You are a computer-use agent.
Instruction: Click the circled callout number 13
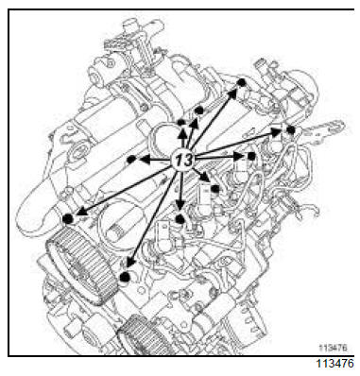(x=183, y=160)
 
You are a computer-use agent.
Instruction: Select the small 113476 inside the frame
(x=333, y=348)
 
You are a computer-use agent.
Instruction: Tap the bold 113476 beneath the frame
(x=335, y=364)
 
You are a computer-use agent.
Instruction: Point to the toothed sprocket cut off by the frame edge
(x=144, y=334)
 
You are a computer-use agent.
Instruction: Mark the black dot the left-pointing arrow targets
(x=131, y=160)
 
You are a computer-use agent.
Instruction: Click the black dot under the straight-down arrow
(x=180, y=219)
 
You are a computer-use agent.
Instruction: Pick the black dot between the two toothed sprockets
(x=125, y=277)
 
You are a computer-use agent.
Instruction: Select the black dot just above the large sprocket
(x=68, y=218)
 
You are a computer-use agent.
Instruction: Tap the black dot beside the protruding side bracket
(x=291, y=130)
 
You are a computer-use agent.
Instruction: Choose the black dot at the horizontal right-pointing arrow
(x=251, y=156)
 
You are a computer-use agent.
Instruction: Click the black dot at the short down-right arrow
(x=215, y=189)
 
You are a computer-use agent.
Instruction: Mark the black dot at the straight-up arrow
(x=180, y=123)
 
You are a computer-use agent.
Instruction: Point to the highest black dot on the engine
(x=241, y=82)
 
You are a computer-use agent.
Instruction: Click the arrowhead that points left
(x=145, y=160)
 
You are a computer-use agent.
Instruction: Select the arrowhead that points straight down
(x=180, y=205)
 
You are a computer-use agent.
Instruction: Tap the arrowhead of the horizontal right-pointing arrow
(x=238, y=156)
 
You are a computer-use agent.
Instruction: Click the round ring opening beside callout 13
(x=162, y=138)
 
